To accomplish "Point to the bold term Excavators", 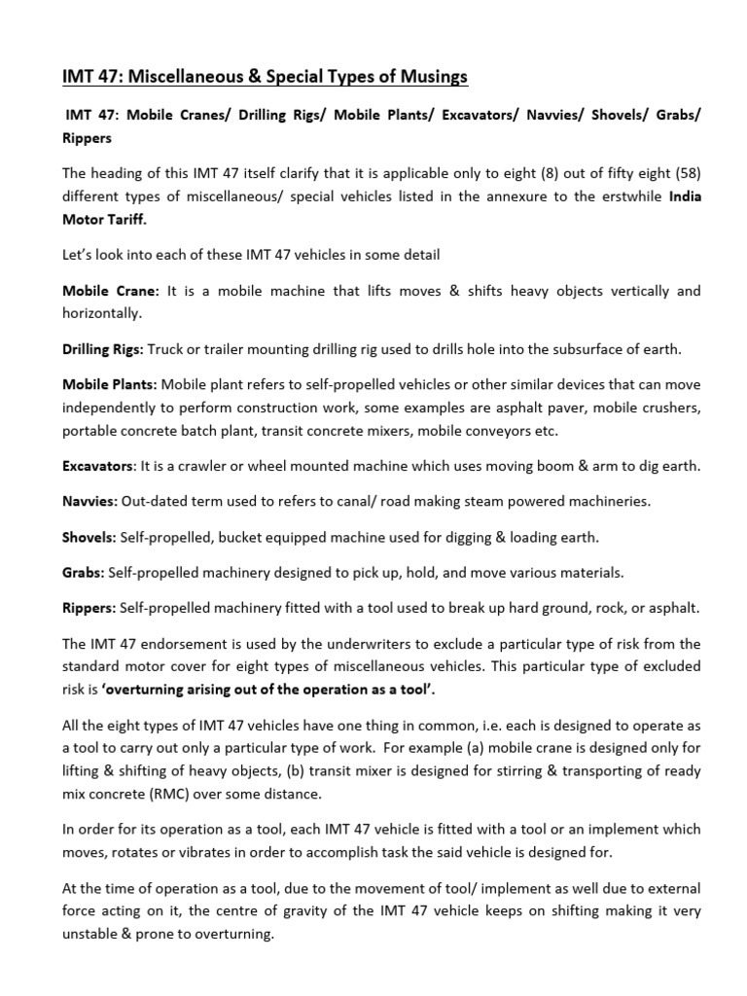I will (x=98, y=466).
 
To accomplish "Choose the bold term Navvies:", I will (x=90, y=501).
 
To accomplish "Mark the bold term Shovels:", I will (x=89, y=536).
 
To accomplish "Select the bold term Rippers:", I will (x=89, y=607).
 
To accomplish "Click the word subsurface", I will (x=549, y=349).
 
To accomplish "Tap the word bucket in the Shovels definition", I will (x=231, y=536).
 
